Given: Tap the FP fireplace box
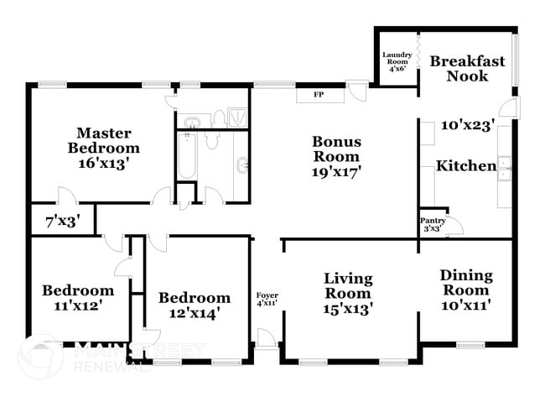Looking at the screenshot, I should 319,94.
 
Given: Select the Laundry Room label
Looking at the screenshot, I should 397,61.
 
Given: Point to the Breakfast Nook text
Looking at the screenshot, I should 467,69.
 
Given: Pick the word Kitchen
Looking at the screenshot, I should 465,166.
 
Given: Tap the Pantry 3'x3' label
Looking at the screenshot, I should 433,224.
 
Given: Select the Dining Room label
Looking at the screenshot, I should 466,290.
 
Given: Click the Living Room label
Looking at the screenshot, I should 348,294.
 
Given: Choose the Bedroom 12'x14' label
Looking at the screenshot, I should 194,306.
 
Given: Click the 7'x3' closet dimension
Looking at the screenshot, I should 62,223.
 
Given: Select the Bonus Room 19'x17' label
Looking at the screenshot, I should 336,156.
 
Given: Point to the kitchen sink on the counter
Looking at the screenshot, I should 506,166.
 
